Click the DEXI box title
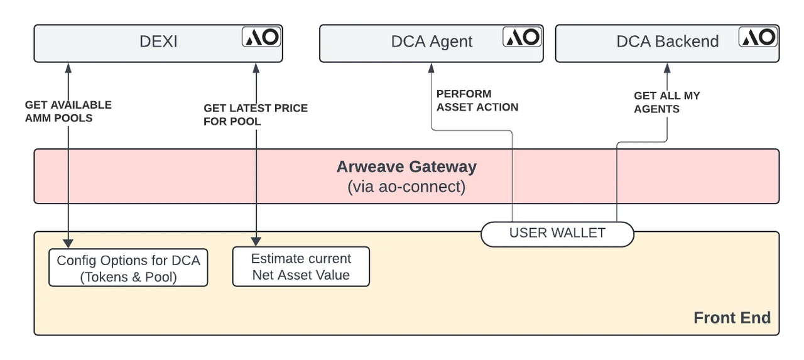point(158,42)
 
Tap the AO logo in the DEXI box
point(262,37)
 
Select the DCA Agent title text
point(432,42)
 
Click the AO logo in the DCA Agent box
point(523,37)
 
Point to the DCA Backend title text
point(667,42)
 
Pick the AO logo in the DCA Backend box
point(759,37)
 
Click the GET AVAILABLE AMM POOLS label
point(68,111)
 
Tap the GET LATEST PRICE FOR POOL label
point(256,114)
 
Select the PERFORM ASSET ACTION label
point(477,101)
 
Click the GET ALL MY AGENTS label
point(666,102)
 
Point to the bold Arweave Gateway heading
point(406,167)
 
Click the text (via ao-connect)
point(406,187)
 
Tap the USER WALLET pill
point(557,233)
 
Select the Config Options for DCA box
point(128,268)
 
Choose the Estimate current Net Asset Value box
point(301,267)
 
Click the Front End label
point(732,318)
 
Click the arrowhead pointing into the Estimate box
point(256,241)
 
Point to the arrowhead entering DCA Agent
point(432,67)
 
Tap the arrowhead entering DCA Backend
point(666,67)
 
